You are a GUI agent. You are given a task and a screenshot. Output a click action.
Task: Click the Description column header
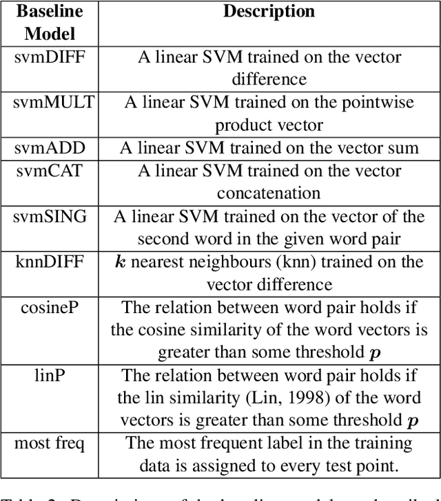[x=269, y=12]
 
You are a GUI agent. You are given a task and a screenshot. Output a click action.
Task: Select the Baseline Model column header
[x=49, y=22]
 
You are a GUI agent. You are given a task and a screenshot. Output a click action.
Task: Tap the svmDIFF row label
[x=49, y=56]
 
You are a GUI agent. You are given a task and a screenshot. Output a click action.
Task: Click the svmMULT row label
[x=54, y=103]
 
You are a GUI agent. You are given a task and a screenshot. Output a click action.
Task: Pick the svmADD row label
[x=49, y=148]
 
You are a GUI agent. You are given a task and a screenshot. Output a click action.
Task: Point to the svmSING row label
[x=51, y=217]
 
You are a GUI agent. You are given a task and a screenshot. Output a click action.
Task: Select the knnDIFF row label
[x=50, y=262]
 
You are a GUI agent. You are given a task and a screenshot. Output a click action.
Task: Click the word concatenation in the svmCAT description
[x=269, y=193]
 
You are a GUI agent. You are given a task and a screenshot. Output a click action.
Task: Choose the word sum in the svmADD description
[x=405, y=148]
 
